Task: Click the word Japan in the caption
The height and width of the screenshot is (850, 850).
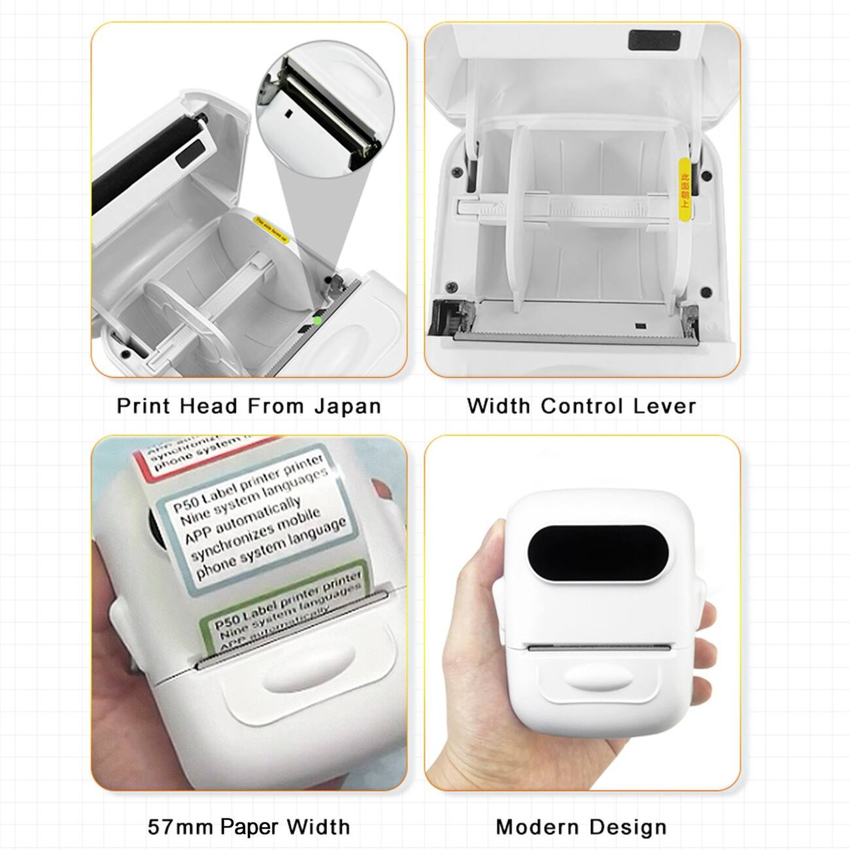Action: (347, 406)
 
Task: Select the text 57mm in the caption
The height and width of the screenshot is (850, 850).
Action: (180, 826)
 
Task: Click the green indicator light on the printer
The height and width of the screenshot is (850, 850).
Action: (318, 320)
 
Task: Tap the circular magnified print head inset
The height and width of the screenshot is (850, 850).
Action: (320, 111)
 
